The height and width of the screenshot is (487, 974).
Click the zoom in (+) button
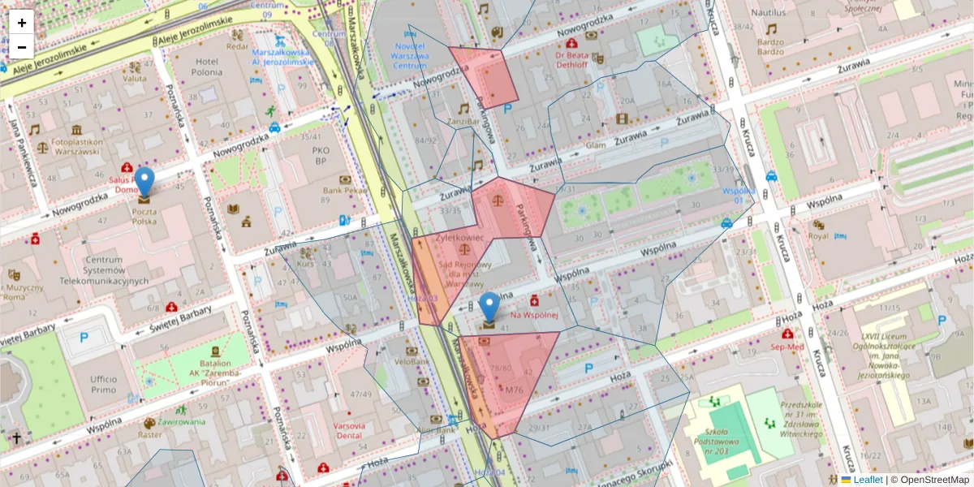[22, 23]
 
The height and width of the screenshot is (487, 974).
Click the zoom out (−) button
[22, 47]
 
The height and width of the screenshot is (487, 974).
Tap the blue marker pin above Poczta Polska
[144, 182]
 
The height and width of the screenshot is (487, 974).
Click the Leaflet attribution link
[868, 480]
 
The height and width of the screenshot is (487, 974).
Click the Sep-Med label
[787, 346]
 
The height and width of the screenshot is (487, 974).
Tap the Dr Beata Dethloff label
[571, 60]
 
